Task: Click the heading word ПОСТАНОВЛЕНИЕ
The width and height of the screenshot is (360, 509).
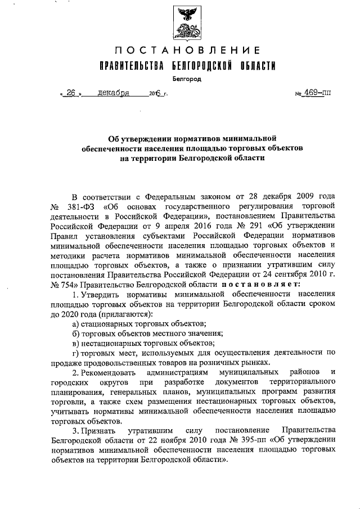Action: tap(183, 51)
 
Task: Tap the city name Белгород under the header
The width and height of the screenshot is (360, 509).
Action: tap(184, 79)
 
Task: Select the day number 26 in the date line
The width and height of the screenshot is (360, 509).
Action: tap(71, 93)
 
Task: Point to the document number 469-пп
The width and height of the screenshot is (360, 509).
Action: tap(318, 93)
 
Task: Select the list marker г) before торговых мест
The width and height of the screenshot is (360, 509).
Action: tap(74, 353)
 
